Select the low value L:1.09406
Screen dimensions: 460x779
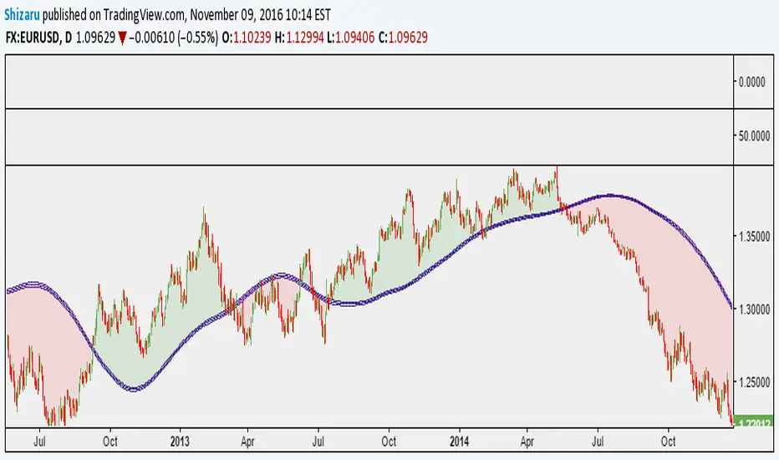coord(371,38)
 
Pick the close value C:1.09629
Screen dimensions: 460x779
coord(429,38)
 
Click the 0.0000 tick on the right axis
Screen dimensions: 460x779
coord(753,82)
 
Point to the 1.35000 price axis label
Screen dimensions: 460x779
coord(754,238)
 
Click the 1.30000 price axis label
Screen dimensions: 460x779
coord(754,309)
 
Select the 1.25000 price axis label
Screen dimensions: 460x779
coord(754,381)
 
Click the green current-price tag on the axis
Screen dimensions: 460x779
coord(755,424)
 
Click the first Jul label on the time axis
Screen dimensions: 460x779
coord(38,438)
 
